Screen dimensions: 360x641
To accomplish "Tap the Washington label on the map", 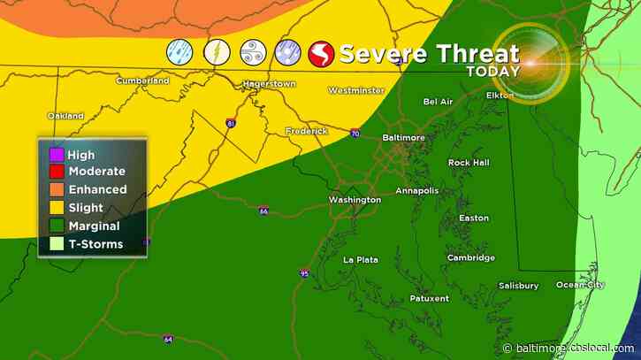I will [355, 200].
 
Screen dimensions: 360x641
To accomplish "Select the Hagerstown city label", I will [269, 85].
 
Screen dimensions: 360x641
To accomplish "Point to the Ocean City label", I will [581, 285].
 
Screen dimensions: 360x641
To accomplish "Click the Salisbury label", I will [517, 286].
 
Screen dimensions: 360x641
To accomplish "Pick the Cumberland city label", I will [142, 80].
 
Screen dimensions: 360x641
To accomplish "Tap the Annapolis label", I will [416, 190].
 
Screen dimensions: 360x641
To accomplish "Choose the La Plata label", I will [361, 259].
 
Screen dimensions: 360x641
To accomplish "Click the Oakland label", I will [65, 116].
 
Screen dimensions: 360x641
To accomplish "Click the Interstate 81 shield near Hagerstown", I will [230, 124].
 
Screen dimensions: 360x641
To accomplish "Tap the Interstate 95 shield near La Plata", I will [303, 272].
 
